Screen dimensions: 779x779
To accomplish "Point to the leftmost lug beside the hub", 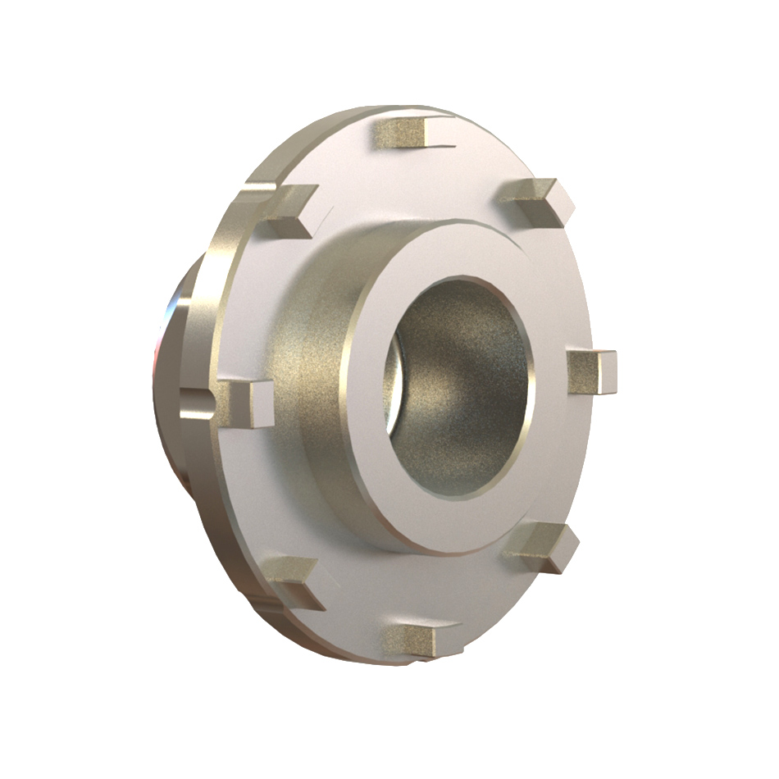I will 247,401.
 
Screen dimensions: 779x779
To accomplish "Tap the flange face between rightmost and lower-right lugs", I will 566,459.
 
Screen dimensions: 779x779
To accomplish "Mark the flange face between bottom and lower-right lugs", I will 484,599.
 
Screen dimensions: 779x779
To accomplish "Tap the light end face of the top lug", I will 437,130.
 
